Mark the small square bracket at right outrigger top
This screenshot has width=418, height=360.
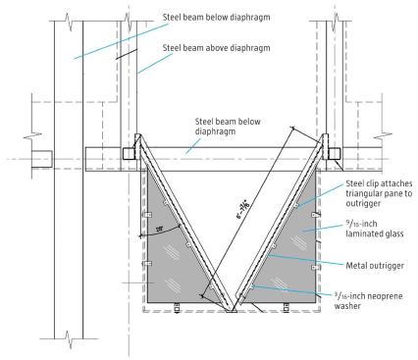(335, 153)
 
